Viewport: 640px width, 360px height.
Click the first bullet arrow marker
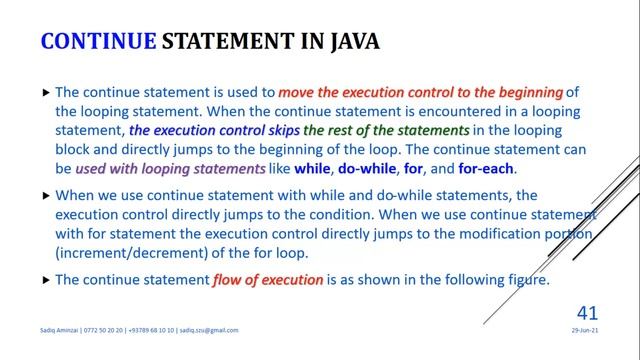(45, 92)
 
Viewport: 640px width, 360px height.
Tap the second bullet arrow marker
(45, 198)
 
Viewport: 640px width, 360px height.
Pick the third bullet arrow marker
(45, 281)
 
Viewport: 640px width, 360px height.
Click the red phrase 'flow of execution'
(268, 280)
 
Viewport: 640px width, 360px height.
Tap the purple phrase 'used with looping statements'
(191, 169)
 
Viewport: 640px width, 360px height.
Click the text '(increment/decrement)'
(123, 253)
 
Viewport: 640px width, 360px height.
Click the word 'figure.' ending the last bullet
(525, 280)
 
